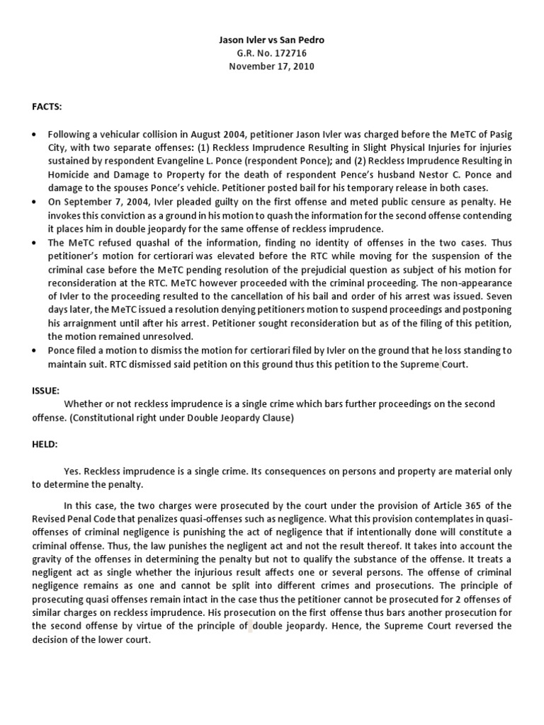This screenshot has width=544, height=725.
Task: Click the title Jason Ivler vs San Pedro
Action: [x=271, y=40]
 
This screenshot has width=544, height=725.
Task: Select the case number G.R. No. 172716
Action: [x=271, y=53]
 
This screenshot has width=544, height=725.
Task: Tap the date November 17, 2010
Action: [x=271, y=67]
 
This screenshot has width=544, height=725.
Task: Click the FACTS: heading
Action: [x=47, y=106]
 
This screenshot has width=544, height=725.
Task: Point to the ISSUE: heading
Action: [x=45, y=390]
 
